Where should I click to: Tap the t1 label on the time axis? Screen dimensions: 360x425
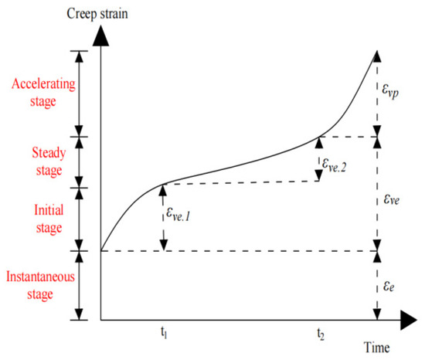[x=163, y=334]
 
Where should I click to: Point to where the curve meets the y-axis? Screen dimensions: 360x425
[x=101, y=251]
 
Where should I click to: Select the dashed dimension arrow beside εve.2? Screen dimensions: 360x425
[x=318, y=160]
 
